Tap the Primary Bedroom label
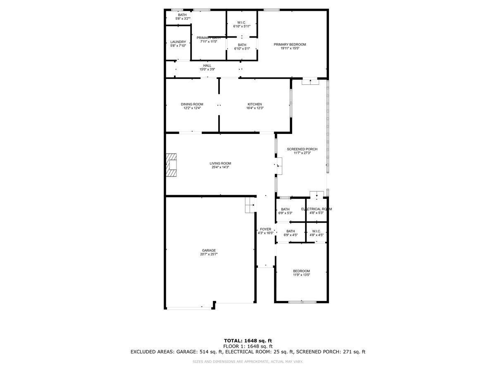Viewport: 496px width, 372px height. coord(290,45)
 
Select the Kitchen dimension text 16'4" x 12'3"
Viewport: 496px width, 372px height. coord(255,108)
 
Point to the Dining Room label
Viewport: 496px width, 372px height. coord(192,104)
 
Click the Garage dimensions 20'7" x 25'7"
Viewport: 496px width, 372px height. coord(209,255)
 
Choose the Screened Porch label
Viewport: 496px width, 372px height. coord(302,149)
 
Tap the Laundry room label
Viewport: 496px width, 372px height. coord(178,42)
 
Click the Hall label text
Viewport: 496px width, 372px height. coord(207,65)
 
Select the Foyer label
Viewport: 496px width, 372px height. coord(265,229)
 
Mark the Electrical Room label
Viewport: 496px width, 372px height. coord(316,209)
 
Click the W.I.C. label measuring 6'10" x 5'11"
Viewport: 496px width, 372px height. coord(242,22)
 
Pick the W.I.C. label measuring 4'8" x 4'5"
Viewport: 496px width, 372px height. coord(316,231)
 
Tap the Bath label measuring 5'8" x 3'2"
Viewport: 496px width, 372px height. coord(182,15)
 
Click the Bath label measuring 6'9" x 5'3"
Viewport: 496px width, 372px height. coord(285,209)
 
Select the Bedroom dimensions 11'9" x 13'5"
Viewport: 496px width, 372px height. coord(301,275)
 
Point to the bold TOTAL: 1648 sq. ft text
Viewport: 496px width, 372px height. coord(248,341)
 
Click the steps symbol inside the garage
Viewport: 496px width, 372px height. coord(249,205)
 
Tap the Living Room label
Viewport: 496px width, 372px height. coord(220,163)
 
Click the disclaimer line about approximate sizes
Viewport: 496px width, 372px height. coord(248,362)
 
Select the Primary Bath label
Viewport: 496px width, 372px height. coord(208,38)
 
